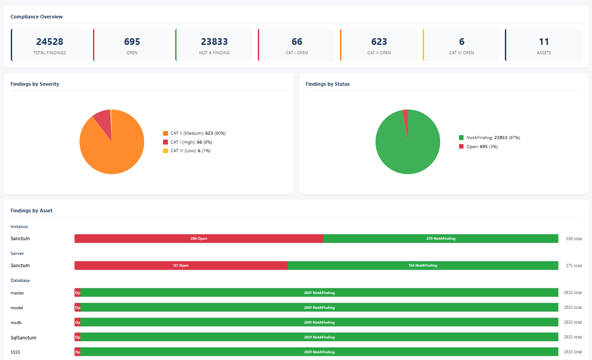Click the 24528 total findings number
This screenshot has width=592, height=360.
[49, 42]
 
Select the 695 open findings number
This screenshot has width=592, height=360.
[132, 42]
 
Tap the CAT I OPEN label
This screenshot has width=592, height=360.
[297, 53]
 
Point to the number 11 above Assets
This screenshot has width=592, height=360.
[544, 42]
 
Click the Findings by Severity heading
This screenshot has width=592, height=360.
[35, 84]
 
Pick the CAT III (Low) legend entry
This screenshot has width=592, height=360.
[187, 151]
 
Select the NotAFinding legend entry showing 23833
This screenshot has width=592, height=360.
[489, 138]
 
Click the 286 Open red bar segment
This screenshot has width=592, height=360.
[199, 239]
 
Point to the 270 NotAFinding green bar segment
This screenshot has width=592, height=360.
[441, 239]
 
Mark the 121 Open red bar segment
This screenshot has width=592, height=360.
[181, 266]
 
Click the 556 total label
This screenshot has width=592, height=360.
[574, 239]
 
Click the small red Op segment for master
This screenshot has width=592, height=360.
[78, 293]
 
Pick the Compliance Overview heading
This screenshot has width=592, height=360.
[36, 17]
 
